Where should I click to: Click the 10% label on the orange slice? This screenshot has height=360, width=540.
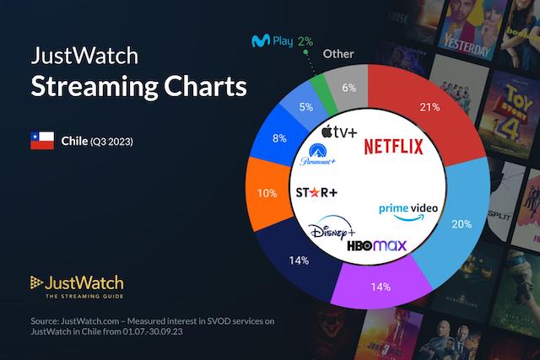(267, 193)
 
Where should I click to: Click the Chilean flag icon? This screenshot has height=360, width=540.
(41, 140)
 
